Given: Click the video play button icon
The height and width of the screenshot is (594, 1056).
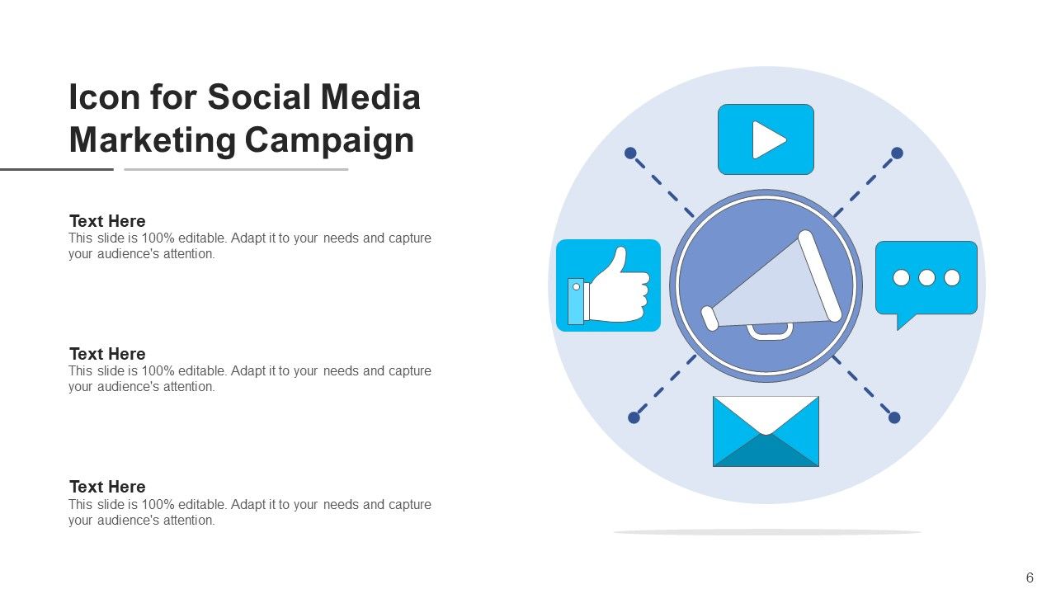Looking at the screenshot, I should pos(766,139).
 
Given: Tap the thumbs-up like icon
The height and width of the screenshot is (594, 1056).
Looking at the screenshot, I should pos(609,285).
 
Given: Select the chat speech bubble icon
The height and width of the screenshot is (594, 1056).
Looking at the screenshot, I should pos(926,279).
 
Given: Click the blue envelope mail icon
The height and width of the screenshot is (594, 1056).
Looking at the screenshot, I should pos(766,431).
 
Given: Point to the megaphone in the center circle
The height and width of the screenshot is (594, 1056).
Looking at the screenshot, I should pos(771,285).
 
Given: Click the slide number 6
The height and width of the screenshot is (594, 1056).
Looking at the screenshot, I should pos(1030,577).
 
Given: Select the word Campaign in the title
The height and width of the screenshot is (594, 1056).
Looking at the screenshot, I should pos(328,139).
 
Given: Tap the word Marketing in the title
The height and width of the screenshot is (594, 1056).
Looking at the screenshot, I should pos(153,139).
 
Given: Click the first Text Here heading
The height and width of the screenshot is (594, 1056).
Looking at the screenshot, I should pos(107,221).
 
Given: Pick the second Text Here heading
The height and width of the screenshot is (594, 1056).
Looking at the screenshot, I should pos(107,354).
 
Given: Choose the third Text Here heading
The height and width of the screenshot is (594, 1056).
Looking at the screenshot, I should pos(107,487).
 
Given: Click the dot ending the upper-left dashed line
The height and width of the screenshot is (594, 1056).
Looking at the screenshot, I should pos(630,153).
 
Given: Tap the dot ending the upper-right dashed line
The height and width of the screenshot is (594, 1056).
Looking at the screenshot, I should pos(898,153).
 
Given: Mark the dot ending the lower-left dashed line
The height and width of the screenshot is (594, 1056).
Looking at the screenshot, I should pos(634,417).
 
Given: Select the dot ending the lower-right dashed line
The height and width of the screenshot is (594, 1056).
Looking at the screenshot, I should pos(894,417).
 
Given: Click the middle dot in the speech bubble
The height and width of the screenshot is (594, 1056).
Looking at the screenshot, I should pos(926,278).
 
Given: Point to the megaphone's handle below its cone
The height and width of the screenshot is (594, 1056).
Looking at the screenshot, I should pos(770,332).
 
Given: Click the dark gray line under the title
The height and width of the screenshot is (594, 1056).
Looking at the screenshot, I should pos(56,169).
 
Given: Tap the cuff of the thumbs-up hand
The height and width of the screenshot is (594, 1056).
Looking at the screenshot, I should pos(576,301).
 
